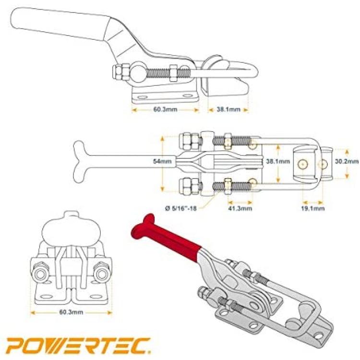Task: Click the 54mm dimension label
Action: pyautogui.click(x=162, y=161)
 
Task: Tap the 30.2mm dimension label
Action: pyautogui.click(x=347, y=161)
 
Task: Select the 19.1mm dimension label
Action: pyautogui.click(x=312, y=208)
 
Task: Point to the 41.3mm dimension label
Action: pyautogui.click(x=240, y=208)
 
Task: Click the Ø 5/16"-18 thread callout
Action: pyautogui.click(x=181, y=208)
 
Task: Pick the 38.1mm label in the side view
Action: pyautogui.click(x=228, y=109)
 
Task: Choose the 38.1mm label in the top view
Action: pyautogui.click(x=278, y=161)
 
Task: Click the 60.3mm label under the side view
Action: pyautogui.click(x=165, y=109)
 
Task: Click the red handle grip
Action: pyautogui.click(x=165, y=235)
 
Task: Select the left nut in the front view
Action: pyautogui.click(x=41, y=274)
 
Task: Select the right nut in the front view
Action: pyautogui.click(x=102, y=274)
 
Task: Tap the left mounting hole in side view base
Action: pyautogui.click(x=142, y=97)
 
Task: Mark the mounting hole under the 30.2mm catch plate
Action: pyautogui.click(x=323, y=164)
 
